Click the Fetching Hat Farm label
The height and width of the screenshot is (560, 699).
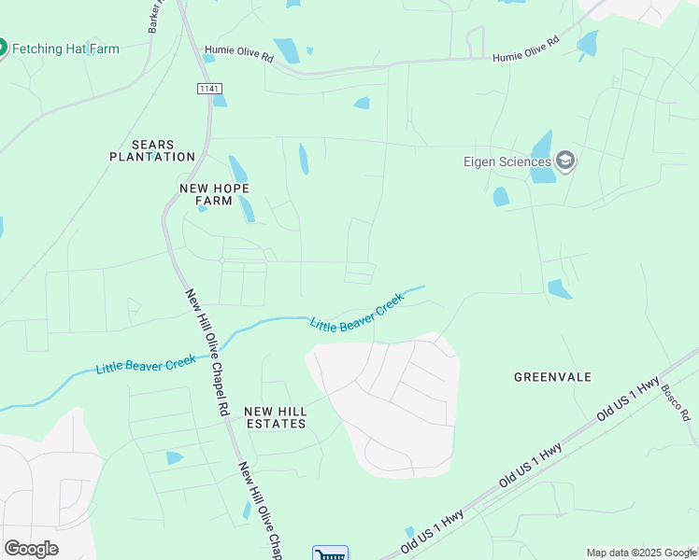[65, 49]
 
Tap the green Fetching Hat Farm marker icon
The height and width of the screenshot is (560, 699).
[2, 48]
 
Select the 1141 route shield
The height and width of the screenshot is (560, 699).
[208, 88]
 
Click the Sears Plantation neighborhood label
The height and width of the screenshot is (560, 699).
[151, 150]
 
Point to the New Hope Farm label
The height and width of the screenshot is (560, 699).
[215, 194]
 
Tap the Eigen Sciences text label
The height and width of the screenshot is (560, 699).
[506, 161]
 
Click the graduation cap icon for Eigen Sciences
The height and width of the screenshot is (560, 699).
[564, 161]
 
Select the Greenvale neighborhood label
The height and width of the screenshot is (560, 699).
[553, 377]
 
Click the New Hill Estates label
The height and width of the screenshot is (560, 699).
[276, 417]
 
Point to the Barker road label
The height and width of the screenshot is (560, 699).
[156, 17]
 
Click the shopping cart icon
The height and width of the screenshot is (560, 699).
[330, 554]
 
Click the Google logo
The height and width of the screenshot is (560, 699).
[31, 549]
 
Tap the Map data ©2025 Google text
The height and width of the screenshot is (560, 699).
[640, 553]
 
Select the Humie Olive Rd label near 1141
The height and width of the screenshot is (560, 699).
[238, 54]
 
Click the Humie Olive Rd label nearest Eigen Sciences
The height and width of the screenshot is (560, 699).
[526, 49]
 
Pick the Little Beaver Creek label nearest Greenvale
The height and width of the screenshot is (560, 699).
[357, 313]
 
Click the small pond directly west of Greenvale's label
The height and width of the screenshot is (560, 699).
[559, 289]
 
